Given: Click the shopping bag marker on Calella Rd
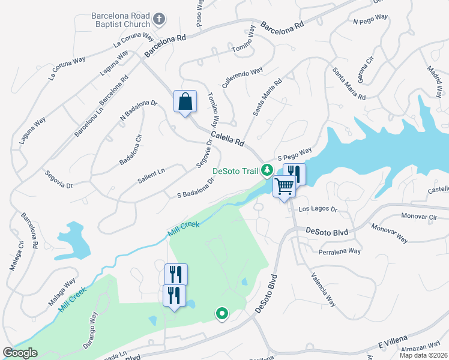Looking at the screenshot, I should [185, 101].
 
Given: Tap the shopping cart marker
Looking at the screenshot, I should [284, 187].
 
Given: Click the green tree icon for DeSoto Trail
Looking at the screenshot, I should [267, 171].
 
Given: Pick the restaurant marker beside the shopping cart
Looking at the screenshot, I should [294, 174].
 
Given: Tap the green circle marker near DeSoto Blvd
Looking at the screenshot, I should [221, 313].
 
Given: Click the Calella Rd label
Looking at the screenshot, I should [228, 137].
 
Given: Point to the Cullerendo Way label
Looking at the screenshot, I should [243, 79].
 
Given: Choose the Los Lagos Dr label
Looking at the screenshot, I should [318, 210].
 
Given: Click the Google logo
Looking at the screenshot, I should [20, 353].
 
